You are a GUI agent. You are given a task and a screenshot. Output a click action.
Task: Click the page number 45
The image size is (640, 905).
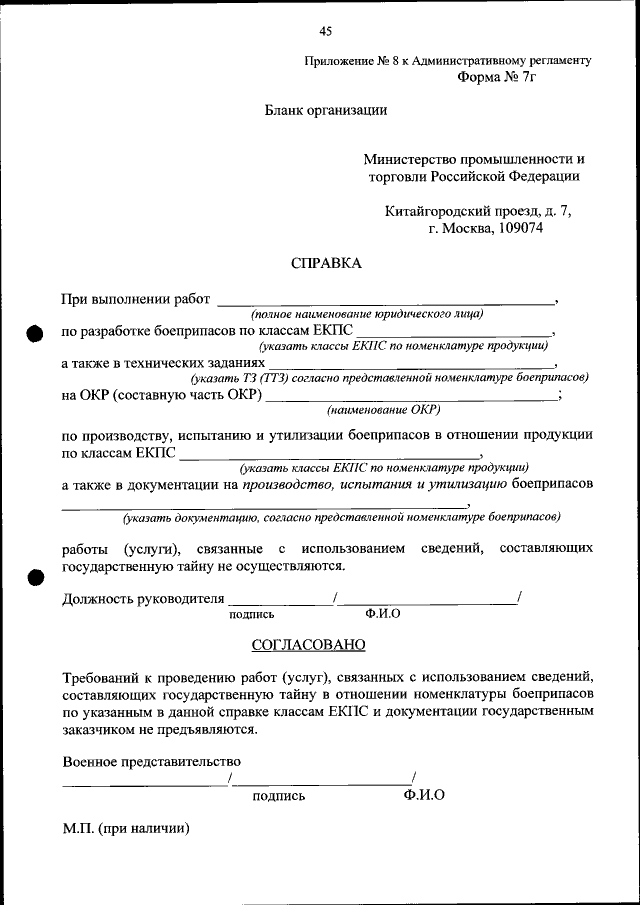325,31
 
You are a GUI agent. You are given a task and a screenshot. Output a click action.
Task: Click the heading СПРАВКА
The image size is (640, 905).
325,264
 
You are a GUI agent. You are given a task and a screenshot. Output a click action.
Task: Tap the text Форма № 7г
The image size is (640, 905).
497,77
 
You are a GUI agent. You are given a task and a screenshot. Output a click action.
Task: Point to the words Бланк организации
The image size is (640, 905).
325,111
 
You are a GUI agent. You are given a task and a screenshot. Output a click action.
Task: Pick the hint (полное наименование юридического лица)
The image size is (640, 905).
367,314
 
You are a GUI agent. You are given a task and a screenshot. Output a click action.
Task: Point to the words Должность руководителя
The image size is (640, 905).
142,600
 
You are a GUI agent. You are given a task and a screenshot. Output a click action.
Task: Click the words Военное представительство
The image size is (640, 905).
151,762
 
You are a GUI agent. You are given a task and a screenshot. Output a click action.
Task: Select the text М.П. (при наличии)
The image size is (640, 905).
125,829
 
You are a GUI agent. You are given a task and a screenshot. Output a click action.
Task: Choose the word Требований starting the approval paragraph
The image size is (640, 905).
102,675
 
